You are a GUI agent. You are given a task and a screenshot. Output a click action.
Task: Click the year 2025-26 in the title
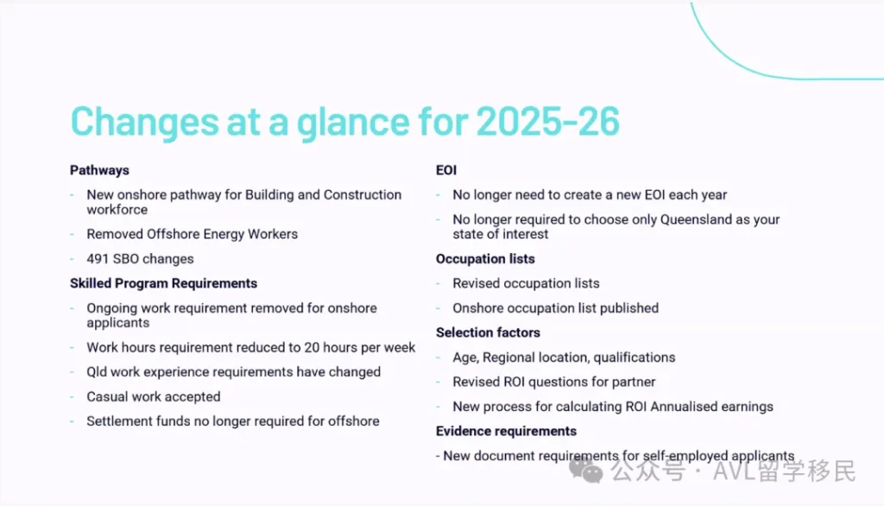coord(548,122)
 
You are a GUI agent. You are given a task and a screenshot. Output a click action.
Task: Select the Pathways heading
coord(99,170)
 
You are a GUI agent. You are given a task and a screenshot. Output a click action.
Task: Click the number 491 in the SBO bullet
coord(98,259)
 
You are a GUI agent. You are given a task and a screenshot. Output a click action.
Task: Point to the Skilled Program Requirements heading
coord(163,283)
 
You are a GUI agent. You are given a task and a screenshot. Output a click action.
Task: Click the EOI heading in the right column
coord(446,170)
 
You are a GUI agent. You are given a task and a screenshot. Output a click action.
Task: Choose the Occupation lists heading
coord(485,259)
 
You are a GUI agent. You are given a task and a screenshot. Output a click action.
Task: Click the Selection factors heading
coord(488,332)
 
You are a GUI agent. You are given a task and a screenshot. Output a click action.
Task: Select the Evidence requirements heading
coord(506,431)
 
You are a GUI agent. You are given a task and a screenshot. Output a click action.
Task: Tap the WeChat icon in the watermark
coord(591,471)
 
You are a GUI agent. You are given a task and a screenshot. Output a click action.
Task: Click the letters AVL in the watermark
coord(735,471)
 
